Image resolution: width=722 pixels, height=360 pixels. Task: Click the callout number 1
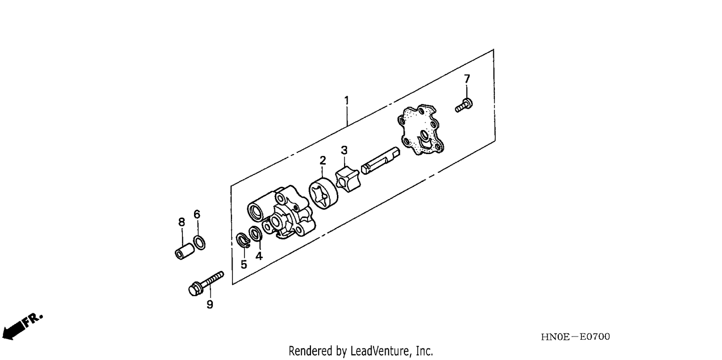(347, 101)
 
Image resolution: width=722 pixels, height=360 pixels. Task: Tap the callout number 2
(322, 160)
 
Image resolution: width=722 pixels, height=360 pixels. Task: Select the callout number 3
(344, 150)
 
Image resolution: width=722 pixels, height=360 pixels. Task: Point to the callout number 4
(259, 256)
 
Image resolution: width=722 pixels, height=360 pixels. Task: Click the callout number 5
(244, 265)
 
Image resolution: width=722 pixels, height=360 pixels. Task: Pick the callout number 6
(197, 214)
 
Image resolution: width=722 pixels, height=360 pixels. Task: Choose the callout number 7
(467, 78)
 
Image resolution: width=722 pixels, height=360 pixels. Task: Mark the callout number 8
(182, 222)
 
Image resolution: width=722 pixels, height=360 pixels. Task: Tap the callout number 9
(210, 304)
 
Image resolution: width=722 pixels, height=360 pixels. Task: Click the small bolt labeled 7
(464, 105)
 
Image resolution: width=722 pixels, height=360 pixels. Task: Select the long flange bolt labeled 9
(206, 283)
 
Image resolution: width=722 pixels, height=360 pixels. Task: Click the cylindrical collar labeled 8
(185, 251)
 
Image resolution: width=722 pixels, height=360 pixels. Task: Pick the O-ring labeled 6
(199, 243)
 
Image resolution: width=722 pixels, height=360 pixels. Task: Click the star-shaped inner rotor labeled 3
(348, 180)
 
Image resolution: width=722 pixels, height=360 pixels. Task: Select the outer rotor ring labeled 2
(323, 193)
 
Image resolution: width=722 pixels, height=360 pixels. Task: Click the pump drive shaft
(380, 160)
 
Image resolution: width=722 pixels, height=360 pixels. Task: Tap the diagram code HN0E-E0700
(575, 337)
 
